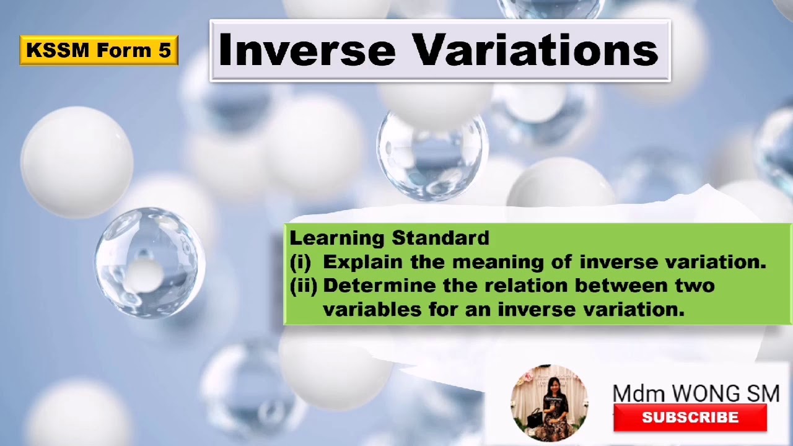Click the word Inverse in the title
click(x=307, y=51)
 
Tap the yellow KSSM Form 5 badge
click(x=99, y=50)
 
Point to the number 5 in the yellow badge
click(x=164, y=50)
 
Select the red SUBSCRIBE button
click(x=690, y=418)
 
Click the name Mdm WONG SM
click(x=696, y=393)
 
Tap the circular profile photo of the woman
click(x=549, y=403)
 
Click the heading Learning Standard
click(x=389, y=238)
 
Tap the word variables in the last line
click(x=372, y=310)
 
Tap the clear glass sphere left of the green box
click(x=149, y=263)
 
